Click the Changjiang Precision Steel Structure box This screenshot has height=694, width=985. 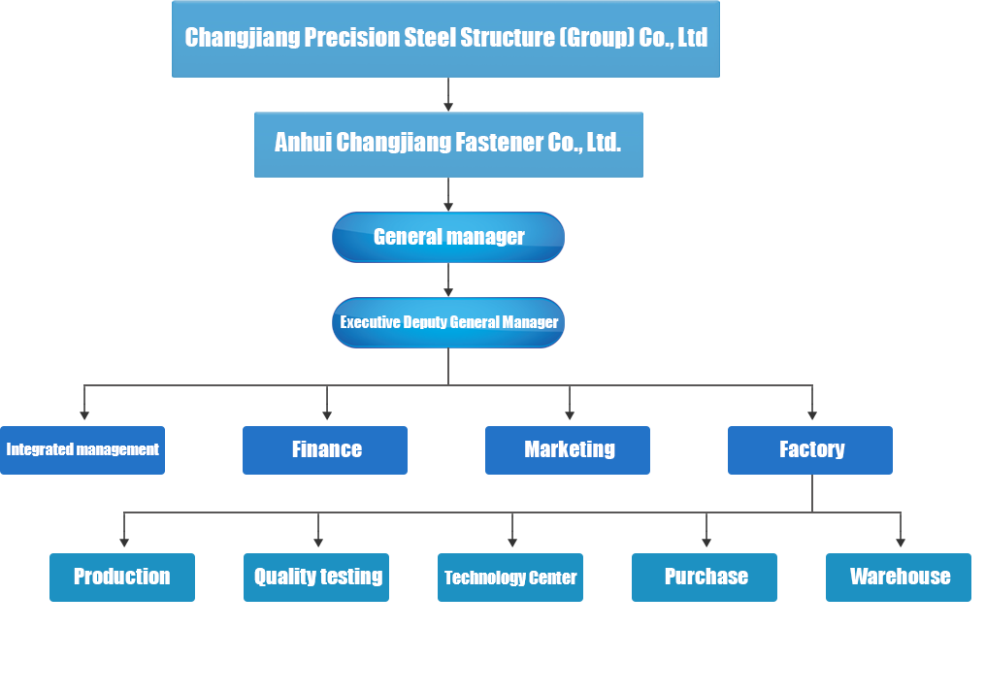point(445,39)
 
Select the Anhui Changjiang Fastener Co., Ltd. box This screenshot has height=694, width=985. point(448,145)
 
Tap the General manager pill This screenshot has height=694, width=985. point(448,237)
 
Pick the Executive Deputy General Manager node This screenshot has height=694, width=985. point(448,322)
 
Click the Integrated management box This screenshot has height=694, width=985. point(82,450)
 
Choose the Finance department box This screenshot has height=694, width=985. point(325,450)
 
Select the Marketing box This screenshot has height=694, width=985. point(568,450)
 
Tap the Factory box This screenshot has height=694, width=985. point(809,450)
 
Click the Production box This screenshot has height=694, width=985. point(122,578)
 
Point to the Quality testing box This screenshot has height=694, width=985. point(316,578)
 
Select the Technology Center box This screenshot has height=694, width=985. point(510,578)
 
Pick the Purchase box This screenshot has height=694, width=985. point(705,578)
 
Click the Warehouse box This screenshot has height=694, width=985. point(899,578)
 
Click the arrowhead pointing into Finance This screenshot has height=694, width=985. point(327,415)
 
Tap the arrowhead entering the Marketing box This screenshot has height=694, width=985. point(569,415)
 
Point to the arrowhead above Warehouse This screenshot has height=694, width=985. point(901,543)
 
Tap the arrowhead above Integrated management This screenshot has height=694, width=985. point(84,415)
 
